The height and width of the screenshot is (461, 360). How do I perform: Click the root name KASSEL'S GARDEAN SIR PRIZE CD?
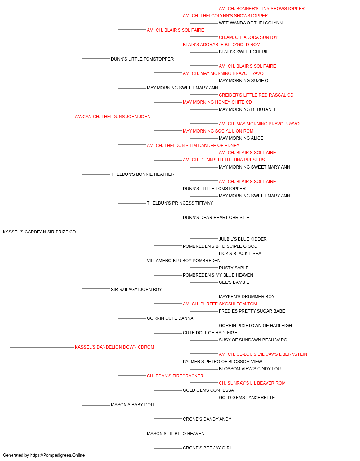tap(39, 232)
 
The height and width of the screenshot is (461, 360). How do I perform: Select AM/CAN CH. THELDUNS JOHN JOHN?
tap(113, 117)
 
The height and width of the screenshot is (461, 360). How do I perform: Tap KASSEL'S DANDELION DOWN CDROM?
tap(114, 347)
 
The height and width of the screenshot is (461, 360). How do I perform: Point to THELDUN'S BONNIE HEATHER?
tap(142, 174)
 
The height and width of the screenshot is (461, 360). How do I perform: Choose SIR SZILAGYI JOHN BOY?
tap(136, 289)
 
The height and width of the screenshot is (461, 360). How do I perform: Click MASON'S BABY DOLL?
tap(133, 404)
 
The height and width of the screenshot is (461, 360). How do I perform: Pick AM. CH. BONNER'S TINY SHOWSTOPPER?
tap(262, 9)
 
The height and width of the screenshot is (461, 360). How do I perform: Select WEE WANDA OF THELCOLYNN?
tap(251, 23)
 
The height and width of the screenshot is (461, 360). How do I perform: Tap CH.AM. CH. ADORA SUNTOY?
tap(248, 37)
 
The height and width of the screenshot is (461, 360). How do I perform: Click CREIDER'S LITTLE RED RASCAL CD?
tap(256, 95)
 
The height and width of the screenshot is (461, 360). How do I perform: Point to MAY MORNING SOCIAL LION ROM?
tap(218, 131)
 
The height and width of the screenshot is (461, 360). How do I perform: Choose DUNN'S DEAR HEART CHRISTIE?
tap(216, 218)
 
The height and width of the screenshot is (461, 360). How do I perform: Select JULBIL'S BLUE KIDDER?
tap(243, 239)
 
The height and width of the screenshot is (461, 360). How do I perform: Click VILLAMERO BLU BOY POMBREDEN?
tap(183, 260)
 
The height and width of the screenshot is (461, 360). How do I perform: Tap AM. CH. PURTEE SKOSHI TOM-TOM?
tap(220, 304)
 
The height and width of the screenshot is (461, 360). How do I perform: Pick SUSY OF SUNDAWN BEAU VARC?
tap(253, 340)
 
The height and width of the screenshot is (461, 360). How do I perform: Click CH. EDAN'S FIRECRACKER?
tap(175, 376)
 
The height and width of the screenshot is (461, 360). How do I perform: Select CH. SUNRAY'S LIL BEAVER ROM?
tap(252, 383)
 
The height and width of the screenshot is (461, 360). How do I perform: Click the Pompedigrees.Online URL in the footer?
tap(57, 455)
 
